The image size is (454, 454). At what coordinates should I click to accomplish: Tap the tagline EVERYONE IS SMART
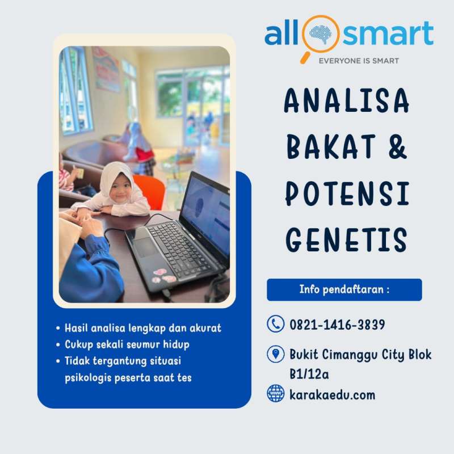[x=359, y=61]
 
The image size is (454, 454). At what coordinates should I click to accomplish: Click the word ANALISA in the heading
[x=346, y=100]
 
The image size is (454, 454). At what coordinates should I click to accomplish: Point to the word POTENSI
[x=347, y=194]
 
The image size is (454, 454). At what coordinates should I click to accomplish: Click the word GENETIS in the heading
[x=347, y=239]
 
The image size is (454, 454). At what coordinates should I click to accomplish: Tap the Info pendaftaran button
[x=344, y=289]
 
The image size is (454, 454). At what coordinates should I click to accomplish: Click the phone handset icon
[x=275, y=323]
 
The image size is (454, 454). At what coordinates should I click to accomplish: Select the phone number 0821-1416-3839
[x=337, y=325]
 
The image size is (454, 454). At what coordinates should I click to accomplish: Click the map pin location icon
[x=275, y=354]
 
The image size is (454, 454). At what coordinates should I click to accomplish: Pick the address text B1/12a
[x=309, y=374]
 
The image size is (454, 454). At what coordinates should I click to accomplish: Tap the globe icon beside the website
[x=275, y=393]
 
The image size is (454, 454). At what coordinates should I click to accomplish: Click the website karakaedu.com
[x=332, y=395]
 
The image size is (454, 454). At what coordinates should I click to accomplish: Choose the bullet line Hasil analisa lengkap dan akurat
[x=143, y=328]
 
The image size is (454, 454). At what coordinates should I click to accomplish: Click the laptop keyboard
[x=179, y=249]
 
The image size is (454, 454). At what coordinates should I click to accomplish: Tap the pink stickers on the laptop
[x=163, y=276]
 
